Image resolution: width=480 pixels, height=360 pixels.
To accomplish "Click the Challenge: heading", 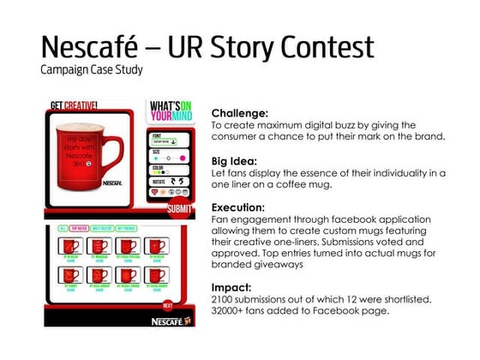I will pyautogui.click(x=240, y=112).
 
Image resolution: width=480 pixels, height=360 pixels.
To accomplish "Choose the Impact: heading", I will pyautogui.click(x=232, y=287).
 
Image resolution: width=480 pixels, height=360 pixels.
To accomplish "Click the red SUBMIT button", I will pyautogui.click(x=180, y=207).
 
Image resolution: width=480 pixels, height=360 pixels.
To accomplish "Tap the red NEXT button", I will pyautogui.click(x=168, y=304).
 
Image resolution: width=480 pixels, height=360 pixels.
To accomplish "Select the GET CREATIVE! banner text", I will pyautogui.click(x=74, y=105).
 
